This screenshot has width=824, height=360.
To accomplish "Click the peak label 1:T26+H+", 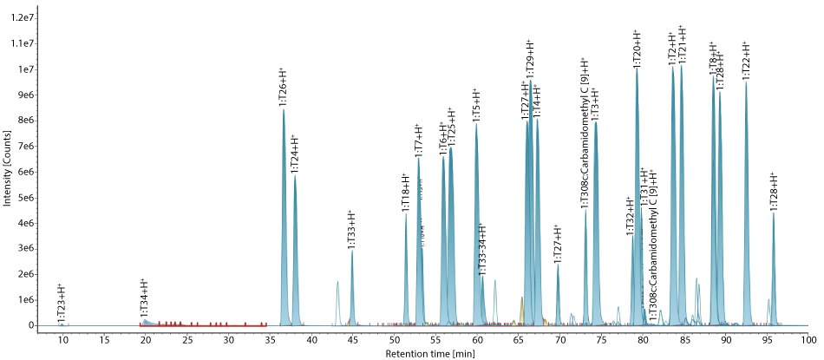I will pyautogui.click(x=283, y=87).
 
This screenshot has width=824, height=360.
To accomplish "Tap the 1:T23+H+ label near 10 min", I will pyautogui.click(x=61, y=304).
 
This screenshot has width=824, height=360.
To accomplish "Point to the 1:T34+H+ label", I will pyautogui.click(x=144, y=299).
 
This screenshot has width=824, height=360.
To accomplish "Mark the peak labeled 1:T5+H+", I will pyautogui.click(x=475, y=104).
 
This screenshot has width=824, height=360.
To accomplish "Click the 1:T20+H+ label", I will pyautogui.click(x=637, y=48).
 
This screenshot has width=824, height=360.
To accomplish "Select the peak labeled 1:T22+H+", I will pyautogui.click(x=746, y=60).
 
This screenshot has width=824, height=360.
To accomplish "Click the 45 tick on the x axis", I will pyautogui.click(x=352, y=339).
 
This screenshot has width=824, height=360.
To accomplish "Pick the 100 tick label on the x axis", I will pyautogui.click(x=808, y=339).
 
